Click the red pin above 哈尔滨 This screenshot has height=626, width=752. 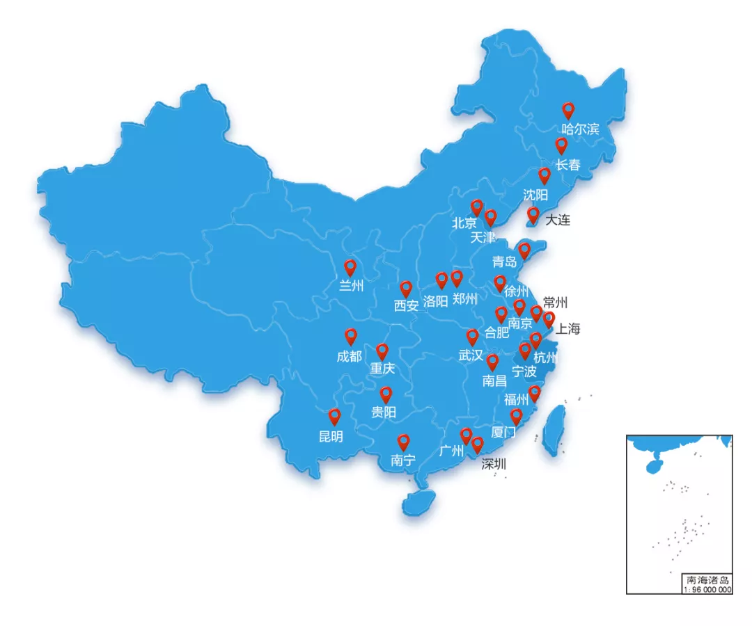tap(568, 110)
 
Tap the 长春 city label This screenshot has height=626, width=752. tap(567, 165)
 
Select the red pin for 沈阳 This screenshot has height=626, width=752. tap(545, 175)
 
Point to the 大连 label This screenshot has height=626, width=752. tap(557, 220)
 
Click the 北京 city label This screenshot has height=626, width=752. tap(464, 223)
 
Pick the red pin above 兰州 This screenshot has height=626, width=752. tap(350, 268)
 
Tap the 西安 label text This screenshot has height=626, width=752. tap(406, 305)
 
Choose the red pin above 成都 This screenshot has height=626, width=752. tap(351, 337)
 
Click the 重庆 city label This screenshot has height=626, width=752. tap(382, 368)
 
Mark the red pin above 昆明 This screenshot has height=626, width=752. tap(335, 417)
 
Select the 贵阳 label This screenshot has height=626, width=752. tap(383, 412)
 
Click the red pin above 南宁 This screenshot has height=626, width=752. tap(403, 442)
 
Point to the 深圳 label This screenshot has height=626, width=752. tap(494, 464)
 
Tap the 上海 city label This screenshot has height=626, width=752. tap(567, 329)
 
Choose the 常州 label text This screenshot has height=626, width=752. tap(555, 303)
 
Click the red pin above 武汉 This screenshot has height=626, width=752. tap(473, 337)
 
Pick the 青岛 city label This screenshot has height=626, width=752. tap(504, 262)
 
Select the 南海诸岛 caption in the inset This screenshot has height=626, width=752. tap(707, 580)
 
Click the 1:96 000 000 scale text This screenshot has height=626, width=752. tap(707, 589)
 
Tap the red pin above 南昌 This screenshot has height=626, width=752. tap(492, 362)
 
